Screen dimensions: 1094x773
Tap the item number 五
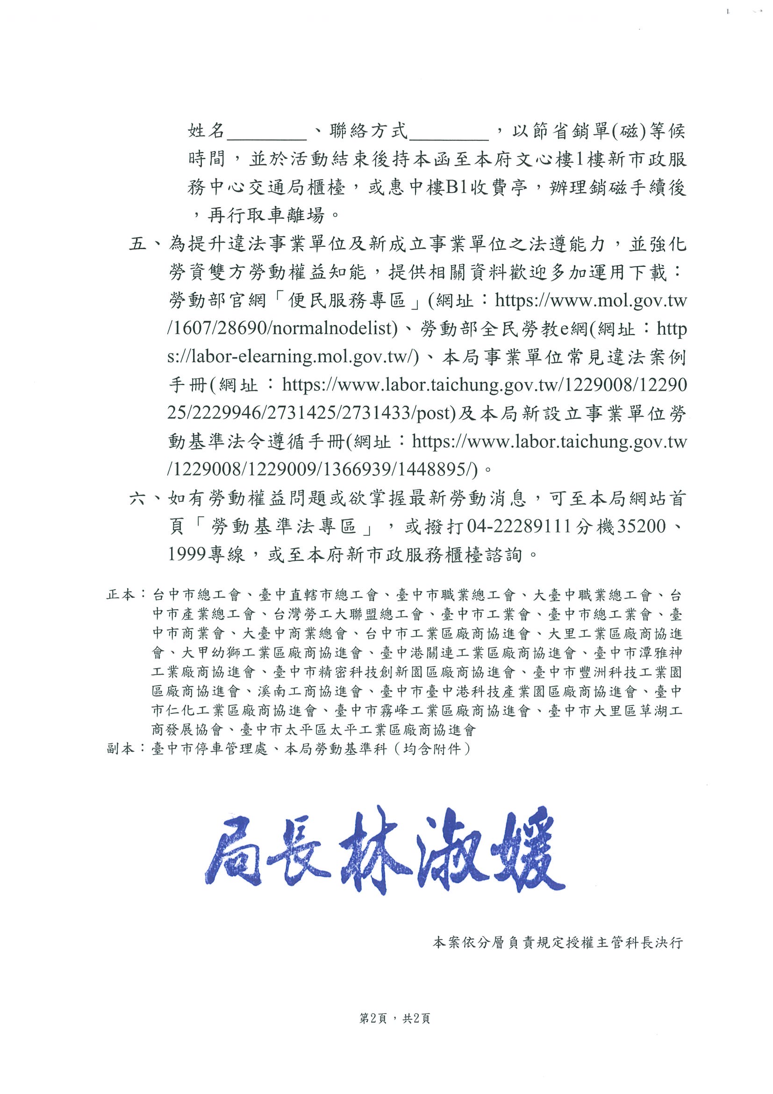tap(138, 245)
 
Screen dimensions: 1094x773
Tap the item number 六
tap(138, 499)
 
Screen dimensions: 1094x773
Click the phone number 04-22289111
tap(519, 526)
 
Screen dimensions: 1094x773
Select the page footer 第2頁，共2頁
tap(395, 1019)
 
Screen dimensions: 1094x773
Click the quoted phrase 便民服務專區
tap(347, 301)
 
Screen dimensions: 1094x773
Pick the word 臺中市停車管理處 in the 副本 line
tap(209, 749)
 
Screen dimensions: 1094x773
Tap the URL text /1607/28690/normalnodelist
tap(282, 329)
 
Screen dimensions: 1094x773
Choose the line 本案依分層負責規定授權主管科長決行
tap(558, 943)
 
